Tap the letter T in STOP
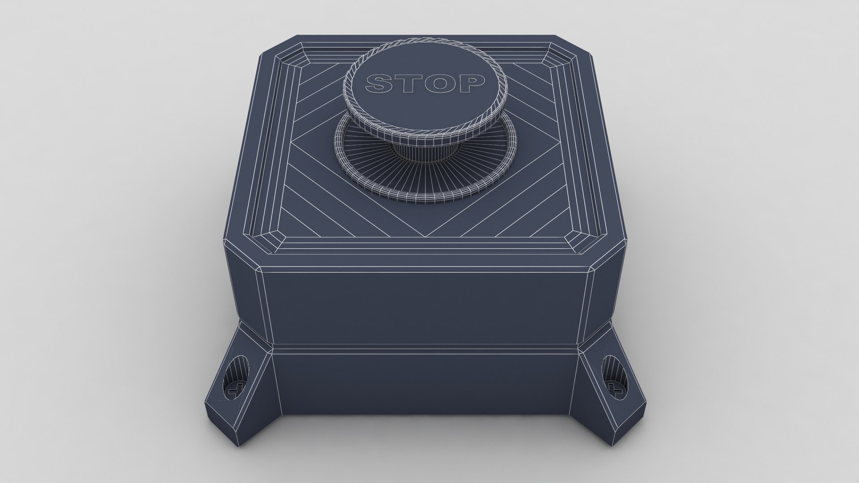pos(408,84)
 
